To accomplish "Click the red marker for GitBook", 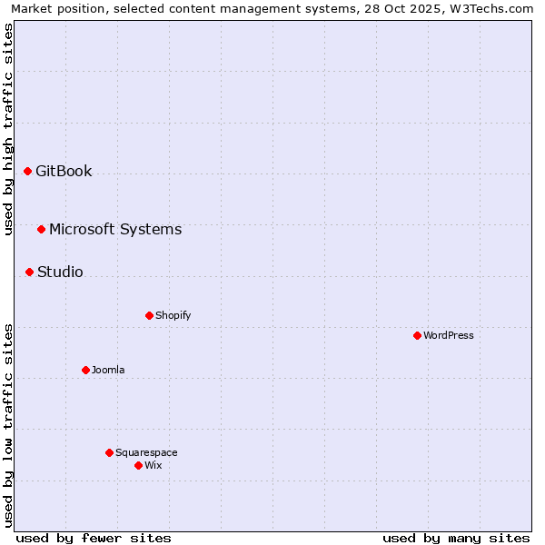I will [27, 171].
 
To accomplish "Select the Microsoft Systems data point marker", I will [41, 229].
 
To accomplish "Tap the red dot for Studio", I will [29, 272].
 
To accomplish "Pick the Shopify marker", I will [149, 315].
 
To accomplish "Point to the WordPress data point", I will [417, 335].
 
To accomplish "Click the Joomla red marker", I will [85, 370].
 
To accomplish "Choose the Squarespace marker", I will [109, 452].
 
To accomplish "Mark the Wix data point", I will [138, 465].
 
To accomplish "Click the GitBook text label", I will [64, 171].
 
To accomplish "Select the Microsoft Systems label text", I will [115, 229].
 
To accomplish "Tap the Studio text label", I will [60, 272].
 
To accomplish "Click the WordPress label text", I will [449, 335].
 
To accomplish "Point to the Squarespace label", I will [146, 452].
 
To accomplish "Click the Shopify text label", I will [173, 315].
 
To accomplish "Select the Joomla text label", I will [108, 370].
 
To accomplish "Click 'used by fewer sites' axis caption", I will [94, 538].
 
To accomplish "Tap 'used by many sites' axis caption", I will [456, 538].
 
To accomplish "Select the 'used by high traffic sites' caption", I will [8, 129].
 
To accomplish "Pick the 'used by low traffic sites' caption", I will [8, 424].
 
